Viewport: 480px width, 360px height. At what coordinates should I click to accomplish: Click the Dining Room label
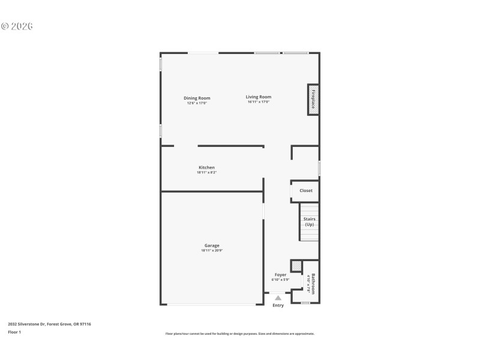[197, 98]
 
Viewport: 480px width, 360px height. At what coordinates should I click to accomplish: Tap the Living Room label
[259, 97]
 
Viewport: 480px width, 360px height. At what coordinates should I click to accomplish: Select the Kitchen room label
[206, 167]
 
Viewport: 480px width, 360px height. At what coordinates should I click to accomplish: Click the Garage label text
[212, 245]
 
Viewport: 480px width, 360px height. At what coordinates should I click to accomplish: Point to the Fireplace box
[313, 99]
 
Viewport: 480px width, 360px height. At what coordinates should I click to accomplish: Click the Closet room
[306, 191]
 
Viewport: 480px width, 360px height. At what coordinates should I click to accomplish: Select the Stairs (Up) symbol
[310, 222]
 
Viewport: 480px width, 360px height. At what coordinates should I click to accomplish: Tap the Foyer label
[280, 275]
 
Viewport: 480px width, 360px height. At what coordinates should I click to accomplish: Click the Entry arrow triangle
[278, 298]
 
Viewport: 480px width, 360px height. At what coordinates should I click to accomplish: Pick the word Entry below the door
[278, 305]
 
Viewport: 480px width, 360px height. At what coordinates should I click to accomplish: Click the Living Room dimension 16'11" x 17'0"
[259, 102]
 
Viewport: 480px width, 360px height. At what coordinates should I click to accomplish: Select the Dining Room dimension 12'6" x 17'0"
[197, 103]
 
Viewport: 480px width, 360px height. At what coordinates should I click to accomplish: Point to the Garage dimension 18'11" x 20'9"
[212, 250]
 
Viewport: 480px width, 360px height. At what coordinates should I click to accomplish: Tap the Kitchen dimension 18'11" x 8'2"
[206, 173]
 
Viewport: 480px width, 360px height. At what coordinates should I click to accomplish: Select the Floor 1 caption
[14, 332]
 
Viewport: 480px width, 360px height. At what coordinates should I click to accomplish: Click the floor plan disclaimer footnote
[240, 334]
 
